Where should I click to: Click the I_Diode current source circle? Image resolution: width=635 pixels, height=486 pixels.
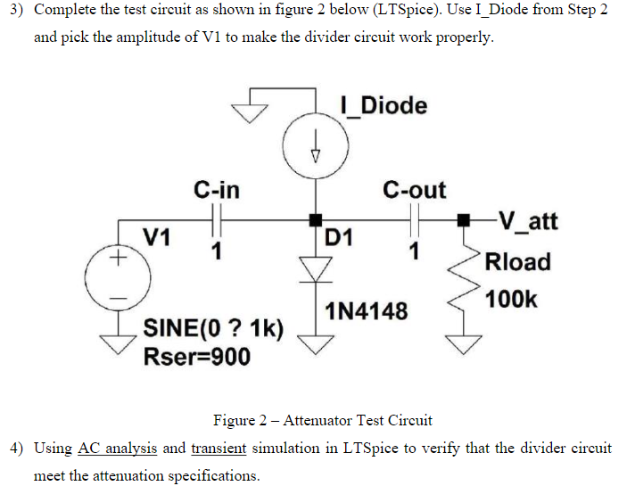click(314, 145)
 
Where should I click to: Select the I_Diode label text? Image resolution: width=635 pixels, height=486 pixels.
click(383, 105)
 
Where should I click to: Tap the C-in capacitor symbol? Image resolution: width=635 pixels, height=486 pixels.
click(215, 218)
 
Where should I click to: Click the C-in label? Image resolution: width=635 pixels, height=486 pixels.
click(216, 190)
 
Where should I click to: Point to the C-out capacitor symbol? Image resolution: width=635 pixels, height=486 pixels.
click(414, 218)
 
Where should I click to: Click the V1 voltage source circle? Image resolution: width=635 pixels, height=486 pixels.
click(114, 276)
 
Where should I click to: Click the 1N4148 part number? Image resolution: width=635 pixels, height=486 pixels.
click(367, 311)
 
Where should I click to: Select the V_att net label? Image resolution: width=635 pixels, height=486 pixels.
click(525, 219)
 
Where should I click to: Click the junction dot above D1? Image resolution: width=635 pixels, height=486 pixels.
click(314, 218)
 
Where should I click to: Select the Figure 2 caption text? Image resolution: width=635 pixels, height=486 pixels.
click(322, 419)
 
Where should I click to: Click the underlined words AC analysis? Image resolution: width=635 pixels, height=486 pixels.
click(118, 448)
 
